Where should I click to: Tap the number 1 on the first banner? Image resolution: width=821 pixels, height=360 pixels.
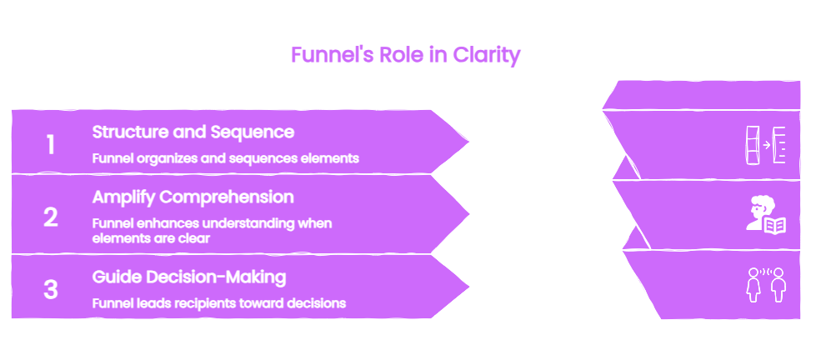click(50, 144)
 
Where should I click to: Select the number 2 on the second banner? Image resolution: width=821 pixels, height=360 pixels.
click(50, 217)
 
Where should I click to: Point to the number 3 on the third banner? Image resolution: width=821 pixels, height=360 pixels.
click(50, 289)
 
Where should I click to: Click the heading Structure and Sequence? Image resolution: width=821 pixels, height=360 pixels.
click(193, 132)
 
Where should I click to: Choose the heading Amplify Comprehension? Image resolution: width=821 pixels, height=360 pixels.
click(193, 197)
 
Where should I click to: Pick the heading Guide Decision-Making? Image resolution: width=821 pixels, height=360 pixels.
click(189, 277)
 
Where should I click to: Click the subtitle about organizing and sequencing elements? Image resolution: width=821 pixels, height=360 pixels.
click(226, 158)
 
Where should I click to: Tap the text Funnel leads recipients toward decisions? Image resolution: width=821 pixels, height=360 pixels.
click(219, 303)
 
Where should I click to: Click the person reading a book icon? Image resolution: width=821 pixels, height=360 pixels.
click(765, 214)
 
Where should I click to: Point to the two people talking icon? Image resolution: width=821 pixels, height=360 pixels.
click(766, 285)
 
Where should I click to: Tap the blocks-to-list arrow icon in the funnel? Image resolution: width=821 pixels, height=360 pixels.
click(765, 145)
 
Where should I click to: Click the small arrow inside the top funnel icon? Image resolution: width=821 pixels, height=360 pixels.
click(767, 145)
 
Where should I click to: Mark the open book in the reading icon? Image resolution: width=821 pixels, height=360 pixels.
click(775, 226)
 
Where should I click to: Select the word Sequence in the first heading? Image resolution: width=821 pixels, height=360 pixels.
click(252, 132)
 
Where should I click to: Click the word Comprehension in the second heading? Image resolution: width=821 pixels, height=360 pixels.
click(226, 197)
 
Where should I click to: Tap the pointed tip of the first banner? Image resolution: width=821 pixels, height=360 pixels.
click(468, 142)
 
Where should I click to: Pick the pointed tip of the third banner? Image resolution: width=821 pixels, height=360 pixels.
click(468, 287)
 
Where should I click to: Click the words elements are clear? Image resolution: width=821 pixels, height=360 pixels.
click(151, 238)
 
